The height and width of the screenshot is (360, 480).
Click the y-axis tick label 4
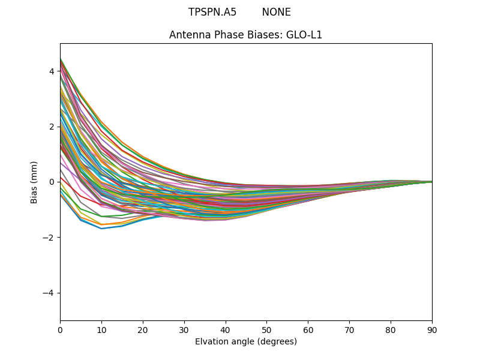coord(52,71)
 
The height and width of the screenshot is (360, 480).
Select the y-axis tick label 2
coord(52,127)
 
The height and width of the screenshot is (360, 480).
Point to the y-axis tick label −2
coord(49,238)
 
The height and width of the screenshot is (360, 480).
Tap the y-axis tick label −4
coord(49,293)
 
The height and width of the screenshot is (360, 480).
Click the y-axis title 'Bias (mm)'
coord(34,182)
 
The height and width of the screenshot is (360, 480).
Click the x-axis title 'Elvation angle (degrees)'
coord(246,341)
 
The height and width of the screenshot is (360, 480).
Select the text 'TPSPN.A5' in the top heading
coord(212,13)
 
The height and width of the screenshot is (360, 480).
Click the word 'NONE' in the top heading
coord(276,13)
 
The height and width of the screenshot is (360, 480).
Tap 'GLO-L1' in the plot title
coord(305,35)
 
